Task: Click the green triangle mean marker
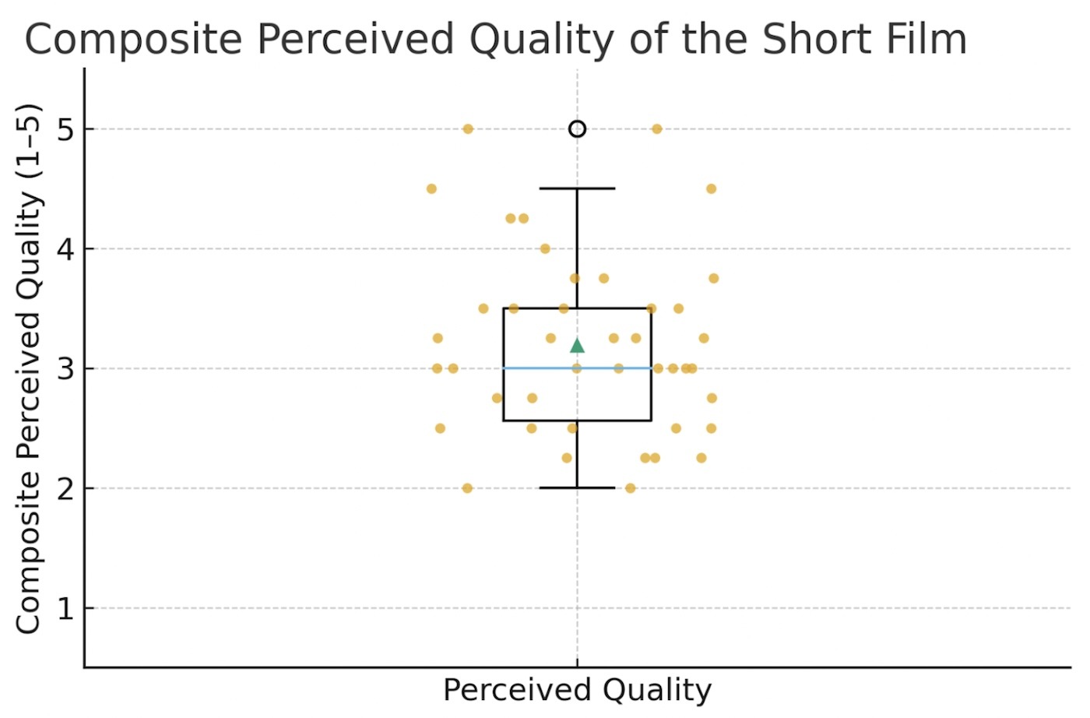pyautogui.click(x=577, y=346)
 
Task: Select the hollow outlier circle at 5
pyautogui.click(x=577, y=128)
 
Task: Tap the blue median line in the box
pyautogui.click(x=537, y=368)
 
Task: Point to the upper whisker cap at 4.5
pyautogui.click(x=577, y=188)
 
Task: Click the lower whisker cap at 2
pyautogui.click(x=577, y=487)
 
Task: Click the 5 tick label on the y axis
pyautogui.click(x=65, y=129)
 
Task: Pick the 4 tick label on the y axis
pyautogui.click(x=65, y=249)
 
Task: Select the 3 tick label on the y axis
pyautogui.click(x=65, y=368)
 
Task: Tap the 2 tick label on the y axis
pyautogui.click(x=65, y=488)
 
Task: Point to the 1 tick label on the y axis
pyautogui.click(x=65, y=608)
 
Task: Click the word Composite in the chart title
pyautogui.click(x=133, y=39)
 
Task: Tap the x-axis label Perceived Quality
pyautogui.click(x=577, y=690)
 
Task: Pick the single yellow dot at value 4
pyautogui.click(x=545, y=248)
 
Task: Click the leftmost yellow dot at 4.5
pyautogui.click(x=431, y=188)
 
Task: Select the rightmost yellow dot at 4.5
pyautogui.click(x=711, y=188)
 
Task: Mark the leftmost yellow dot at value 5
pyautogui.click(x=468, y=128)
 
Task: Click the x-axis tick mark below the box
pyautogui.click(x=577, y=663)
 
